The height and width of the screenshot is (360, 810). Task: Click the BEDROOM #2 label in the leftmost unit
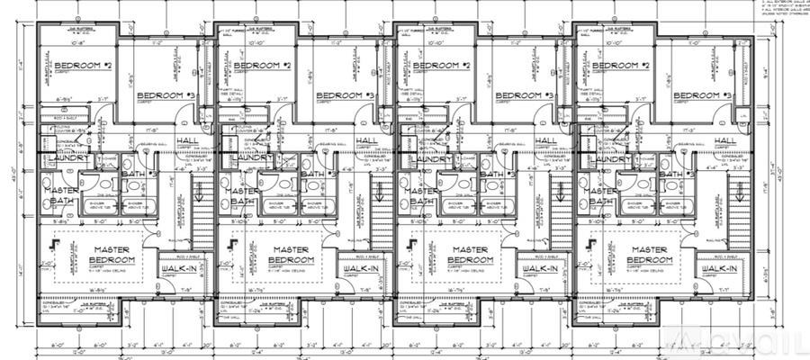pyautogui.click(x=82, y=67)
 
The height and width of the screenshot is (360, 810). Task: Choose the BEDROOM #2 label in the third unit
pyautogui.click(x=442, y=67)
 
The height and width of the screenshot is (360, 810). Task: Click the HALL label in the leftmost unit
pyautogui.click(x=187, y=141)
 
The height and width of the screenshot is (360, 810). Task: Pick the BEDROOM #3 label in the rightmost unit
pyautogui.click(x=702, y=95)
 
